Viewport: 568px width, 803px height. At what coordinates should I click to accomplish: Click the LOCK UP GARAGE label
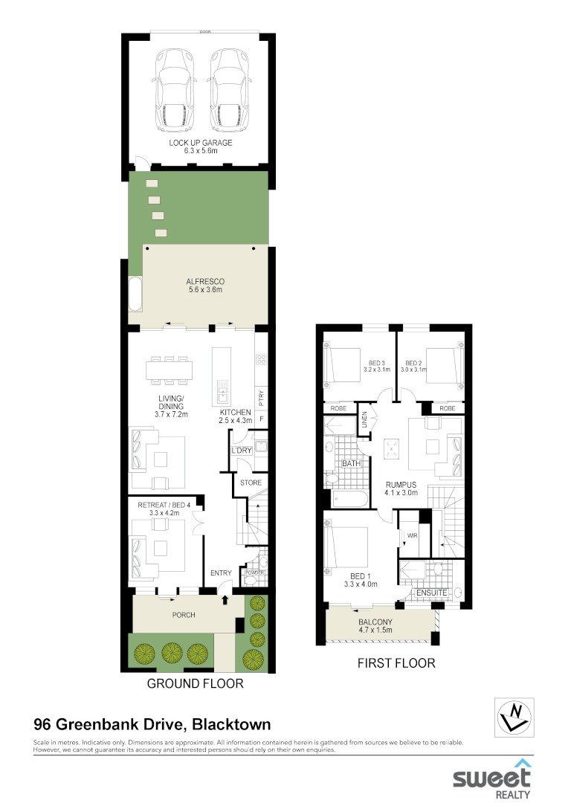(200, 142)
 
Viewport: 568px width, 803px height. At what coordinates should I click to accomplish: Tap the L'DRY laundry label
(240, 451)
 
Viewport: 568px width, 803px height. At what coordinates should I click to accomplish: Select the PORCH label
(184, 615)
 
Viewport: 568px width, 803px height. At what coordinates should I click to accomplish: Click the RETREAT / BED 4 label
(165, 506)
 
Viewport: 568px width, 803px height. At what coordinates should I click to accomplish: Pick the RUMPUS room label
(401, 484)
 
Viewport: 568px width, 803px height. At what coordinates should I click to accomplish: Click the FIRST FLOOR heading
(396, 662)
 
